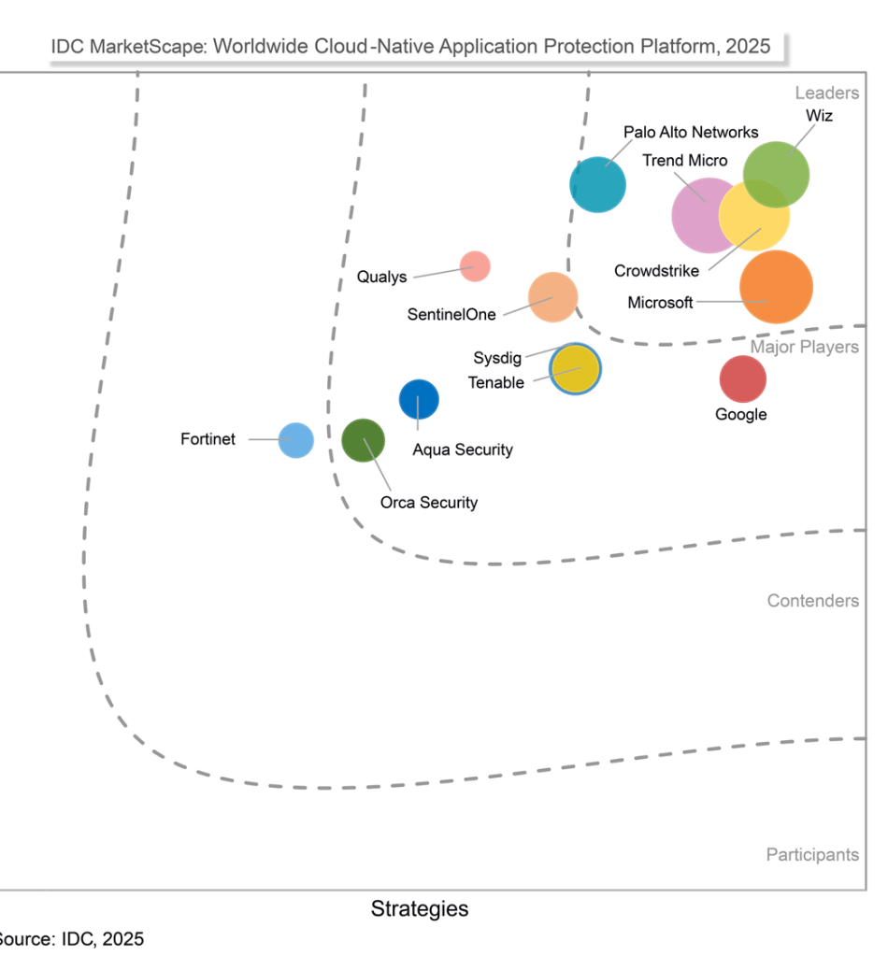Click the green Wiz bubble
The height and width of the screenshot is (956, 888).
[x=776, y=174]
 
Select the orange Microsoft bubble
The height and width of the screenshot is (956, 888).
[x=776, y=287]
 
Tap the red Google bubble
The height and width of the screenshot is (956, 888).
[x=742, y=378]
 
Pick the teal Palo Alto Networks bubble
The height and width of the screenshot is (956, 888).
[x=598, y=185]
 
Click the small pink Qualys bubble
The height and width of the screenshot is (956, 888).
[x=475, y=266]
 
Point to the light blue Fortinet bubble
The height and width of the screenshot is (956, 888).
[x=296, y=439]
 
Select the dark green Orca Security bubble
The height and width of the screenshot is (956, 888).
[x=363, y=440]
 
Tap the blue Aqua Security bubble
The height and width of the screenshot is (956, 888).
[x=419, y=400]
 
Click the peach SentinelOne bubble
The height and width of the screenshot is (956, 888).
[x=552, y=296]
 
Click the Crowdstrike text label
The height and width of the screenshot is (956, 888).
[x=656, y=272]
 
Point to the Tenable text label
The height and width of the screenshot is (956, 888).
[x=495, y=382]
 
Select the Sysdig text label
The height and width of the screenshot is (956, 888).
[x=497, y=358]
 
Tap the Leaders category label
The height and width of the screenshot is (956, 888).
[x=826, y=93]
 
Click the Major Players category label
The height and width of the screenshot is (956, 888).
[x=804, y=348]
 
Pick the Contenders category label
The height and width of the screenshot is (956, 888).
[x=812, y=601]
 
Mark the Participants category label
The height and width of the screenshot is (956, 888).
[x=812, y=854]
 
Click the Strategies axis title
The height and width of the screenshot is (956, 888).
[x=420, y=908]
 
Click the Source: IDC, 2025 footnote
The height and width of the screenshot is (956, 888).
[x=70, y=938]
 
